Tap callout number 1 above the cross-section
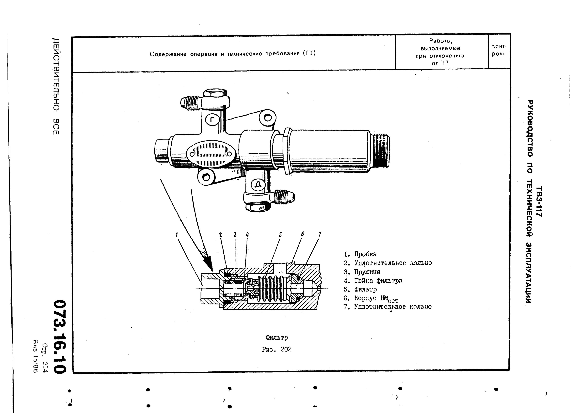coord(177,235)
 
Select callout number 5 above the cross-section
coord(280,235)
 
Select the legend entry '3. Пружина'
coord(362,272)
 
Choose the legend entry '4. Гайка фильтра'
coord(373,280)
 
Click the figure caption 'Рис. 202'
coord(277,349)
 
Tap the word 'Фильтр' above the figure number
coord(277,338)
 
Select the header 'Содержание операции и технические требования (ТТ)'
coord(233,54)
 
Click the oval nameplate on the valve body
coord(211,153)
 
